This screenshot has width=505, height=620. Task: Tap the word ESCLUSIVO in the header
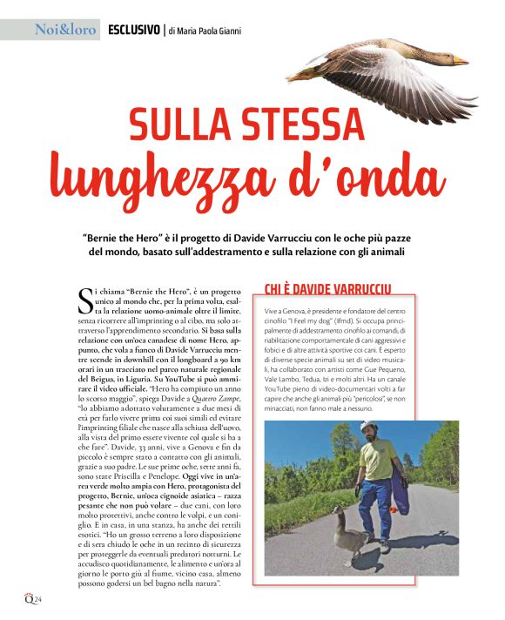pos(133,30)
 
